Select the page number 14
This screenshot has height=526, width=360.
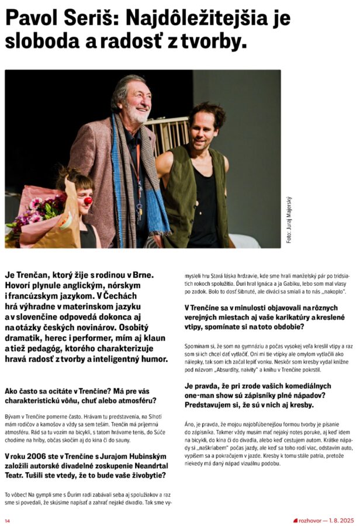(x=8, y=520)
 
